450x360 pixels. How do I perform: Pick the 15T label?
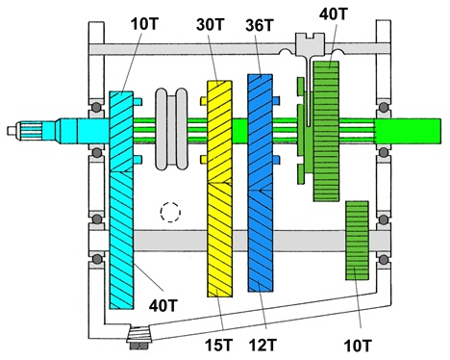(x=221, y=341)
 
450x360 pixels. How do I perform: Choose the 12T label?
(x=263, y=341)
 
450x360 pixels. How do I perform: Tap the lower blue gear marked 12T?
(x=261, y=241)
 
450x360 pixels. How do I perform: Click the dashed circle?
(x=171, y=210)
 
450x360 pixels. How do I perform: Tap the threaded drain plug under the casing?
(x=140, y=337)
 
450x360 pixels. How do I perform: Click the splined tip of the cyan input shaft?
(x=23, y=129)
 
